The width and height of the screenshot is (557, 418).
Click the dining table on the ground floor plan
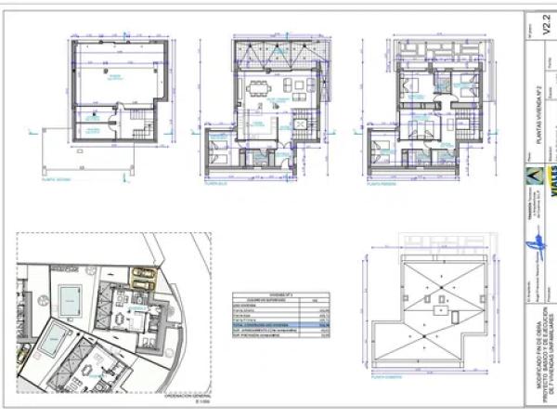[257, 90]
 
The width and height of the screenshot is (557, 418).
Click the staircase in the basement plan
[92, 121]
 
